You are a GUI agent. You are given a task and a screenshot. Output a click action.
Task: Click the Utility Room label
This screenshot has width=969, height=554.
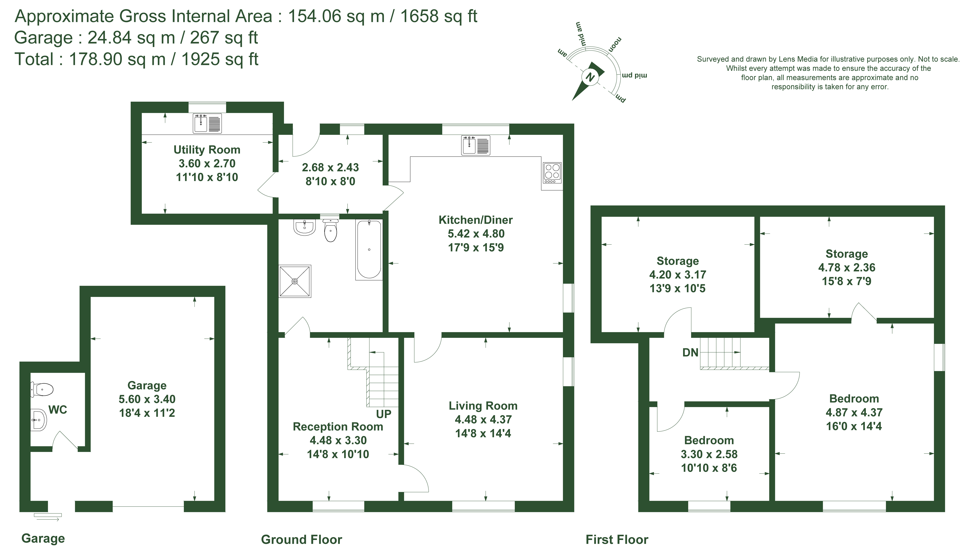(x=207, y=150)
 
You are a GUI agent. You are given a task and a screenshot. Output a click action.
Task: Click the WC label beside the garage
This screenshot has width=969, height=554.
(x=58, y=410)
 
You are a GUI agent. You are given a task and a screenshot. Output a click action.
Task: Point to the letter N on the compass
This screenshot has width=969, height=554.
(x=590, y=77)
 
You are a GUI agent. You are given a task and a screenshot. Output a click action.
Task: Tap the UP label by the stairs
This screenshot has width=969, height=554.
(x=384, y=414)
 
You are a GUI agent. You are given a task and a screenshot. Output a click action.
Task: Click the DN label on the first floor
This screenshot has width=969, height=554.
(x=690, y=353)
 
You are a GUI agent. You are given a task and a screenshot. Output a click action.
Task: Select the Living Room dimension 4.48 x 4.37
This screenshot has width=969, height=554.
(x=483, y=419)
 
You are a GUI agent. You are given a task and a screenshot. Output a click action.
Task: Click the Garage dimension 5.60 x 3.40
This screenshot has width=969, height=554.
(x=147, y=399)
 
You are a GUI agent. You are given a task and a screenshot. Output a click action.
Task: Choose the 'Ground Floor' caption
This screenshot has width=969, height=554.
(x=301, y=540)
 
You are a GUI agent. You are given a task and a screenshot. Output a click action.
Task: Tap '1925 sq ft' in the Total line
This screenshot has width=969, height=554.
(x=220, y=59)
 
